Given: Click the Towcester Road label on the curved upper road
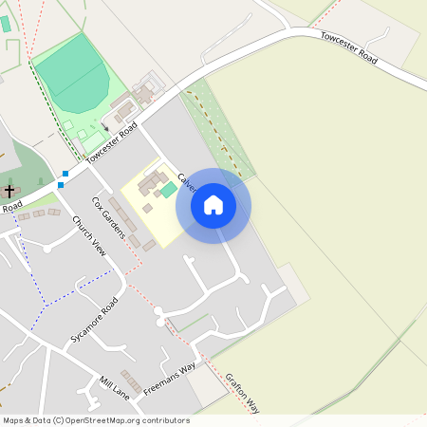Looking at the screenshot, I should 348,48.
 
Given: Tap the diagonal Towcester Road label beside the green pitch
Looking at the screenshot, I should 111,143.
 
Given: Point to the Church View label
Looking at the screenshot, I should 88,236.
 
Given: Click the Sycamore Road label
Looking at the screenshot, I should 94,320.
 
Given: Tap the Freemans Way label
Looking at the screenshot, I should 169,379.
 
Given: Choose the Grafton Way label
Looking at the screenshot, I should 242,392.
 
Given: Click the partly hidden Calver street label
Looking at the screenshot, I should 186,181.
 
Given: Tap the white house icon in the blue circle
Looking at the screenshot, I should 213,205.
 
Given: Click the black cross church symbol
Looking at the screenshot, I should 9,191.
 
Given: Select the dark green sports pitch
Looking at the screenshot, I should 71,76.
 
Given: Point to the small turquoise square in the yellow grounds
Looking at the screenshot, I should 168,191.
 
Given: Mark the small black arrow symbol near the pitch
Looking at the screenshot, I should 105,126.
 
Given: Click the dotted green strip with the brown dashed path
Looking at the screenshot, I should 217,133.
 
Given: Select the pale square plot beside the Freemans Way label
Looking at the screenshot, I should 206,383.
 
